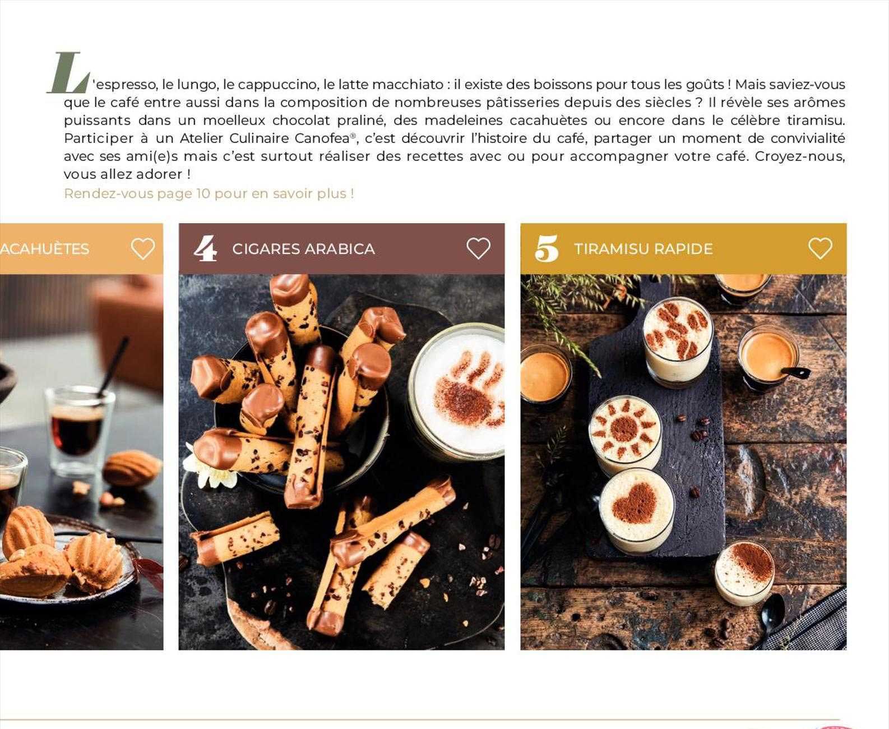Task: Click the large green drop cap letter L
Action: point(68,73)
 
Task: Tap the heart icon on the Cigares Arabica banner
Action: point(478,248)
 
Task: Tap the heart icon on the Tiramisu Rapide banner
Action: point(820,248)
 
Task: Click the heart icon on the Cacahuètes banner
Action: point(142,248)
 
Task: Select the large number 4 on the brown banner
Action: point(205,248)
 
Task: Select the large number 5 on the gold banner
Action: point(547,248)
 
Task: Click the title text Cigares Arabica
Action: point(303,249)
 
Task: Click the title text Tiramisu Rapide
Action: point(643,249)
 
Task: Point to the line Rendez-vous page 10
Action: point(209,193)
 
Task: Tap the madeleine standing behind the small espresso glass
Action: point(132,468)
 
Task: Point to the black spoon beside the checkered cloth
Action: point(772,615)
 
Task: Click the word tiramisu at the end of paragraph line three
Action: point(815,120)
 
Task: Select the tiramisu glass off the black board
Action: point(744,572)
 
